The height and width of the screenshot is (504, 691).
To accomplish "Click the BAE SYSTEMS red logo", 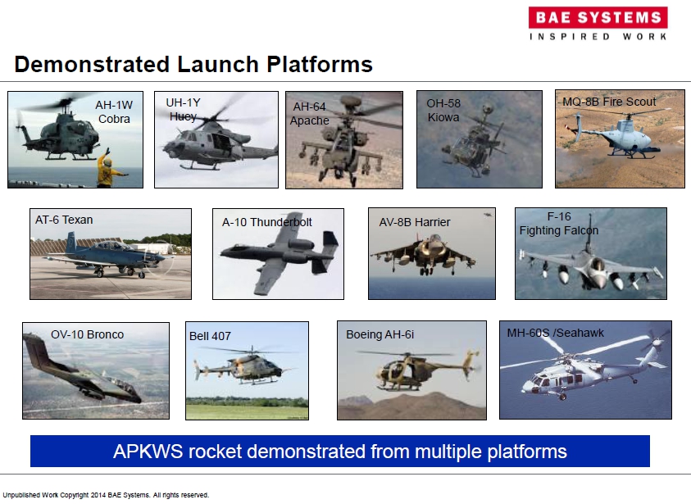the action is coord(598,18).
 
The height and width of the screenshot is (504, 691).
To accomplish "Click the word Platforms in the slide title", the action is coord(320,64).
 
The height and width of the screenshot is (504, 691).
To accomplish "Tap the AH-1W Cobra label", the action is coord(114,112).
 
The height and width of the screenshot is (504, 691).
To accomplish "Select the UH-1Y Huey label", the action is coord(183,109).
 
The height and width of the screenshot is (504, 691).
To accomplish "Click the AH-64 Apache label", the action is coord(309,114).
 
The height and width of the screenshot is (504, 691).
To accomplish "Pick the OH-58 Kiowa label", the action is coord(443,110).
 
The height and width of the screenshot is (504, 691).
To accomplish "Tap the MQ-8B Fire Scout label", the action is coord(610,102).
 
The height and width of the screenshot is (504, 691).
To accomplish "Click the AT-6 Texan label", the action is coord(64,220).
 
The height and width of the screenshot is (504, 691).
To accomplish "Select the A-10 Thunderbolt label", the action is coord(266,222).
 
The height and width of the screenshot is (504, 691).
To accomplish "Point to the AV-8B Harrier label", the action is coord(415,222).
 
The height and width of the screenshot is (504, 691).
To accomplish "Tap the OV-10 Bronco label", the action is coord(87,334).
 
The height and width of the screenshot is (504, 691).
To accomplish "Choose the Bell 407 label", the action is coord(210,336).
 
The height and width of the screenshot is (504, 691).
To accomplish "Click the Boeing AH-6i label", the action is coord(380,335).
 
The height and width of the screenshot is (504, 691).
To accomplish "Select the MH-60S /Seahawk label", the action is coord(555,333).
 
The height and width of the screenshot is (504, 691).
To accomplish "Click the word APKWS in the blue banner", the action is coord(148,452).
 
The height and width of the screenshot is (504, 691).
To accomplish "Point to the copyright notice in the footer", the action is coord(106,495).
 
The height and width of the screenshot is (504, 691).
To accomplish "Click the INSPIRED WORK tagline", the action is coord(598,37).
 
